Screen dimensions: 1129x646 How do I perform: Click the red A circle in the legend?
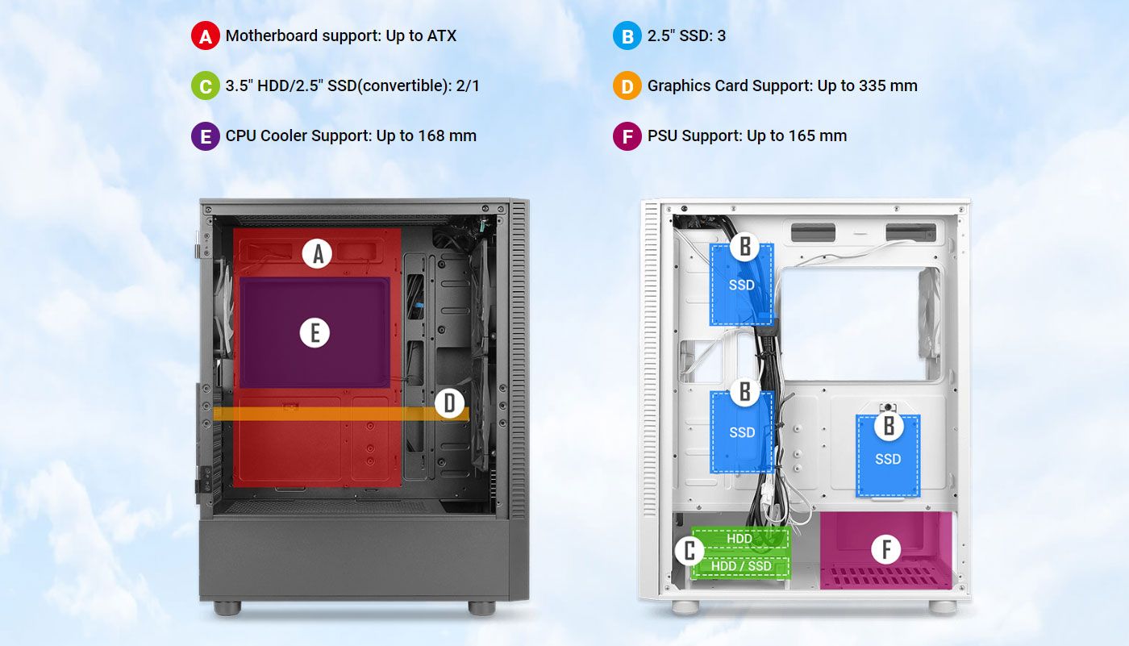[205, 35]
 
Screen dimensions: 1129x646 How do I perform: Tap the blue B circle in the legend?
[627, 35]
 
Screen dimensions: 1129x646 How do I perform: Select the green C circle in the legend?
[205, 85]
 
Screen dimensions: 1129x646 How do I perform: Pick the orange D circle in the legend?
[627, 85]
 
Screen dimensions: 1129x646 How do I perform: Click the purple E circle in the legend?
[205, 136]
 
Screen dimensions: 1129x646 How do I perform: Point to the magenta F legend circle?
[627, 136]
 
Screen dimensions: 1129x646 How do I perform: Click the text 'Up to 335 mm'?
[867, 85]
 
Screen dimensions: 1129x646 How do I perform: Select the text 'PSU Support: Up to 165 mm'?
[747, 136]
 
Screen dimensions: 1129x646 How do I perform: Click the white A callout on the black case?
[317, 253]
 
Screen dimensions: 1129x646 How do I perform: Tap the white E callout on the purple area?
[315, 333]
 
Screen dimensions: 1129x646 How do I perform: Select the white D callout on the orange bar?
[449, 403]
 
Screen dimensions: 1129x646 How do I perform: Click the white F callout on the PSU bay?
[886, 549]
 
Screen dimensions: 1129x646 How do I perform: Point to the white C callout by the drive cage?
[689, 550]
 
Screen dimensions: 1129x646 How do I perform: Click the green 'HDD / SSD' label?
[741, 566]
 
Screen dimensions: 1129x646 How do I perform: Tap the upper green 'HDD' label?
[739, 539]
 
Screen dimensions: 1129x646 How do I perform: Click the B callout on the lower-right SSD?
[888, 426]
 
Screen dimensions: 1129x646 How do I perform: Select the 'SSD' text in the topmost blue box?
[741, 285]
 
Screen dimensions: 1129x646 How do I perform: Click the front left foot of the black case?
[227, 608]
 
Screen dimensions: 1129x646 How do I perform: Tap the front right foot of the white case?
[943, 606]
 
